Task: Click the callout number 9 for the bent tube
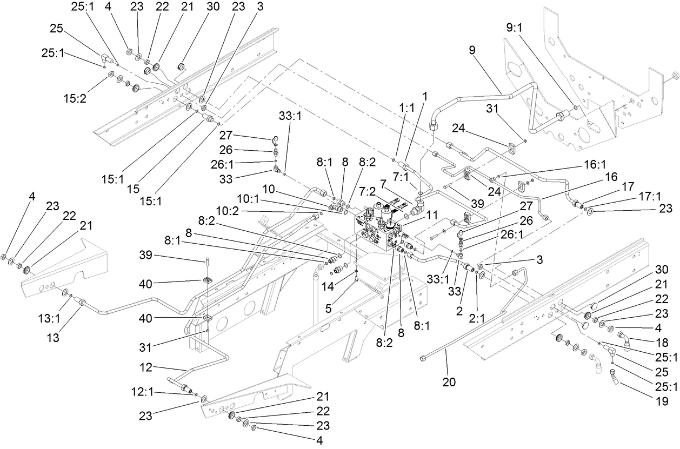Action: [472, 50]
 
